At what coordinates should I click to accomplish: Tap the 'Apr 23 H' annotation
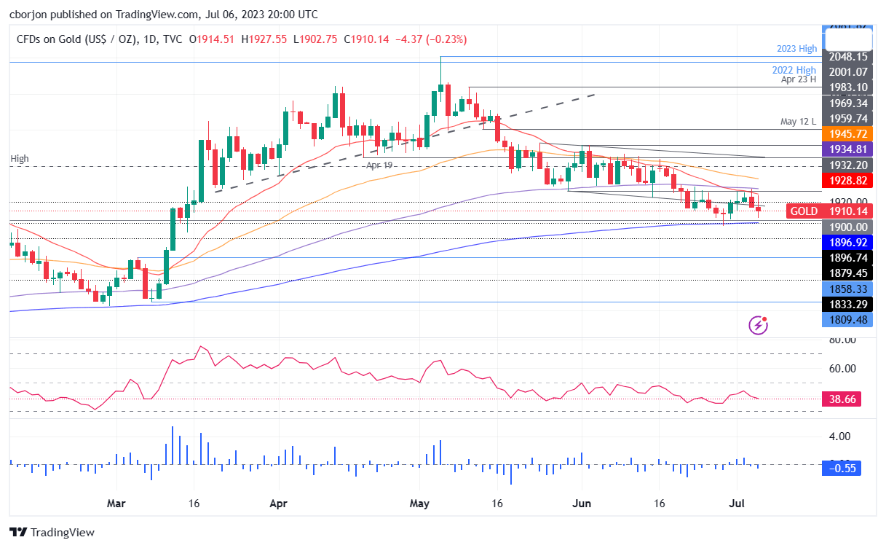click(x=799, y=80)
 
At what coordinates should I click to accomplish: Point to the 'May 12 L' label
click(x=799, y=122)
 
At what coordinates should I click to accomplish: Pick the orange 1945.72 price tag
click(x=847, y=135)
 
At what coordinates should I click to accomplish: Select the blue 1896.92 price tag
click(x=847, y=241)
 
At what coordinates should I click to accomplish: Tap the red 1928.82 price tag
click(x=847, y=179)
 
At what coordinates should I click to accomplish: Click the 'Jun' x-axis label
click(x=582, y=503)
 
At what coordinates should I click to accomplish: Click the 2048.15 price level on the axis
click(x=847, y=56)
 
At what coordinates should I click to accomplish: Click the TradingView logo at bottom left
click(x=52, y=533)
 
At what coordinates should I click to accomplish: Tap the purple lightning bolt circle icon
click(x=759, y=325)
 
